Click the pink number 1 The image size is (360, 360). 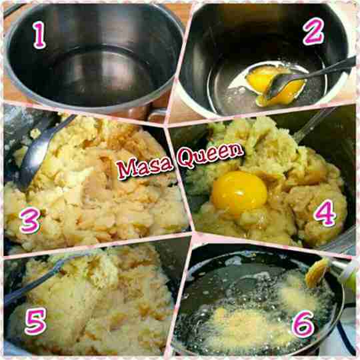click(39, 35)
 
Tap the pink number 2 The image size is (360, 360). click(313, 31)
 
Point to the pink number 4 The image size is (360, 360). click(325, 213)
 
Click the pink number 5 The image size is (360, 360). click(35, 321)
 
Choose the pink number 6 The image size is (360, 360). click(303, 324)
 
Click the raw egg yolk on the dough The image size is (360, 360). click(239, 192)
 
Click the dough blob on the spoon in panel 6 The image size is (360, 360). click(317, 273)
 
